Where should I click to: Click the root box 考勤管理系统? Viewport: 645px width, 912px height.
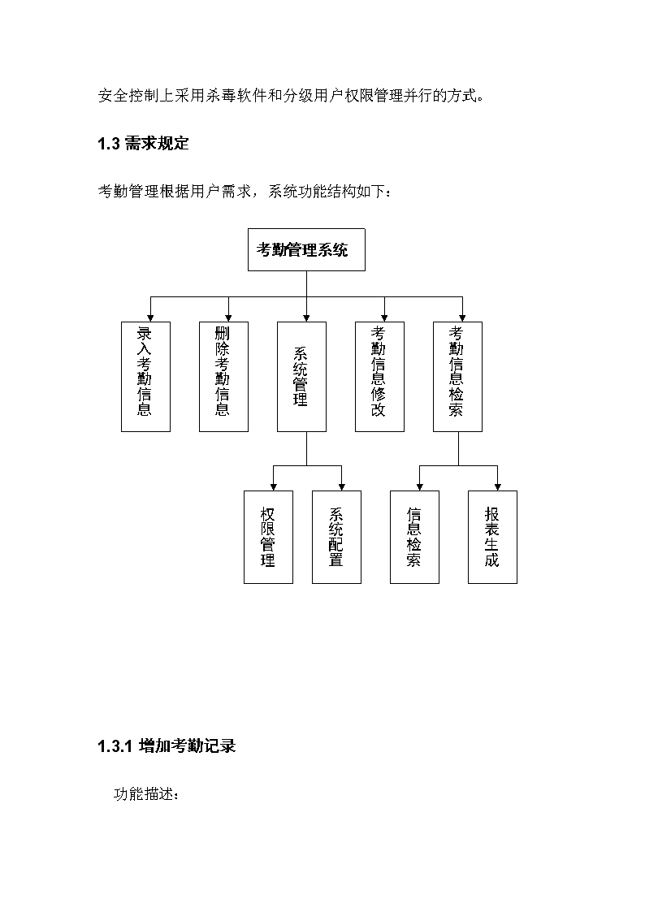(306, 249)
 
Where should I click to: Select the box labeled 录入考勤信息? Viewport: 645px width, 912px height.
(145, 377)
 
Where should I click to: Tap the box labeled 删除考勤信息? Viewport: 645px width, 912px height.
(223, 377)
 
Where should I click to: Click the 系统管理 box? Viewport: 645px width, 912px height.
(301, 377)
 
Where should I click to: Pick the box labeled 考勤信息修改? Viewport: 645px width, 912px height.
(379, 377)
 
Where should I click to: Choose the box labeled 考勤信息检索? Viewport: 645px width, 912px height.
(457, 377)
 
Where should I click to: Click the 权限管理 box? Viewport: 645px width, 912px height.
(268, 537)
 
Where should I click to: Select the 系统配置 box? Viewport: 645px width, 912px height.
(336, 537)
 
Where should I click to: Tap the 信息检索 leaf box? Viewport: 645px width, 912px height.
(414, 537)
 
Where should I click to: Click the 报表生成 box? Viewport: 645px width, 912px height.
(492, 537)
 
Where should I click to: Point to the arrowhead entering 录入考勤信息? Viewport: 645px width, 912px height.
(150, 318)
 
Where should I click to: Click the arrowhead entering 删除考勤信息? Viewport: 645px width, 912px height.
(228, 318)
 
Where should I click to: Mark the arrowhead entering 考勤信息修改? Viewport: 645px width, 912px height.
(384, 318)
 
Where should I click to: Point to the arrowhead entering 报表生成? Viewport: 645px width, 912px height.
(497, 487)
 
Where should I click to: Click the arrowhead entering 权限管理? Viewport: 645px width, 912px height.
(274, 487)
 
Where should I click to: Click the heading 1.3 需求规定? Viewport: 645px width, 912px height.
(143, 144)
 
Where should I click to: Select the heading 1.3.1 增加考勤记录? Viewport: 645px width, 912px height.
(167, 746)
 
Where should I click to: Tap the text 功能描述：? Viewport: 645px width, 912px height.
(146, 794)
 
